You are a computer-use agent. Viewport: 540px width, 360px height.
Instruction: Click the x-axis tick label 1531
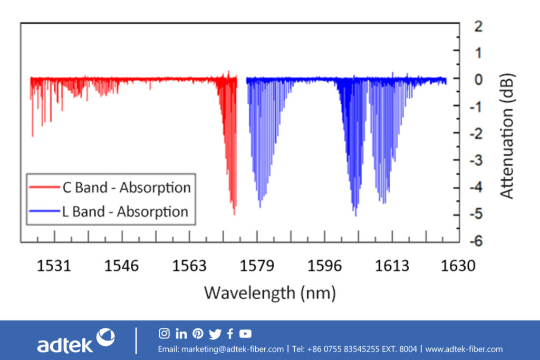(54, 266)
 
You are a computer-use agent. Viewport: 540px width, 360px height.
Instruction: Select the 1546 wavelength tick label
(122, 266)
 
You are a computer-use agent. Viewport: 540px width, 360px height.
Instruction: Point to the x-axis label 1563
(189, 266)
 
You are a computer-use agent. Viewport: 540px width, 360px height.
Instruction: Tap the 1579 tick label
(257, 266)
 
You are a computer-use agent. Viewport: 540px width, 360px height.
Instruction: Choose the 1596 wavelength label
(324, 266)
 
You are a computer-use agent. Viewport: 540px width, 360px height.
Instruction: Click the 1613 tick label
(392, 266)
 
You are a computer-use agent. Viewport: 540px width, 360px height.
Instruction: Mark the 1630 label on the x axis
(458, 266)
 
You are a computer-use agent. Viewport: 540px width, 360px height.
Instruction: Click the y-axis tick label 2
(478, 25)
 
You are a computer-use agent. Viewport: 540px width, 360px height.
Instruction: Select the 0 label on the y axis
(478, 79)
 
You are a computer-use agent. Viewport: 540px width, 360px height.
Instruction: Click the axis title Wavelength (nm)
(269, 291)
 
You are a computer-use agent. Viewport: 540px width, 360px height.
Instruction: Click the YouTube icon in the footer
(245, 333)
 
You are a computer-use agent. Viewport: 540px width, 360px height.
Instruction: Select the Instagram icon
(164, 333)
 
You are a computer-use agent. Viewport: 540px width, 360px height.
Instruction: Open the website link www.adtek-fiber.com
(464, 349)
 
